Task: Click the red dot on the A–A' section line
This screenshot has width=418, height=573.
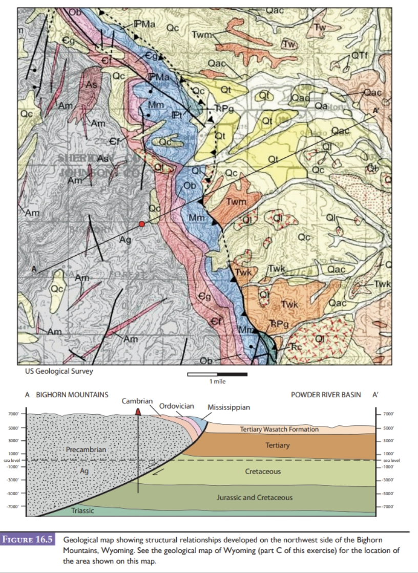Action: (x=142, y=224)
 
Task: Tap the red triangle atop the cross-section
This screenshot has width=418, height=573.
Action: (x=138, y=412)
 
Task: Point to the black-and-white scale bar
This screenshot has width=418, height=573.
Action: (x=217, y=374)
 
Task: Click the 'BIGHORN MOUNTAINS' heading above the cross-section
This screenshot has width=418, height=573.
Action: (x=72, y=395)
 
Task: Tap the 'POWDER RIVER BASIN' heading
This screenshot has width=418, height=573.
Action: (x=325, y=395)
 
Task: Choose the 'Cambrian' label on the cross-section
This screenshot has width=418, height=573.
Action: (x=137, y=400)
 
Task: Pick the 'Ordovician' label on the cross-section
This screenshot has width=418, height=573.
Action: (x=176, y=406)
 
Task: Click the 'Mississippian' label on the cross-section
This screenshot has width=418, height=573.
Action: (x=228, y=407)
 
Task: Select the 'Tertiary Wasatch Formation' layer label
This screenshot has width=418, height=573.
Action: (x=279, y=429)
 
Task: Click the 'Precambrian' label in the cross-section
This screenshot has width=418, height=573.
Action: (x=86, y=449)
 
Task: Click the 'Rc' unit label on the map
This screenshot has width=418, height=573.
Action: (x=297, y=346)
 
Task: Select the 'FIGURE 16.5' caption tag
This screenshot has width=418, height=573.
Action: (x=29, y=541)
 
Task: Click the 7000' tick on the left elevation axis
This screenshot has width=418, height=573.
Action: (x=14, y=414)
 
